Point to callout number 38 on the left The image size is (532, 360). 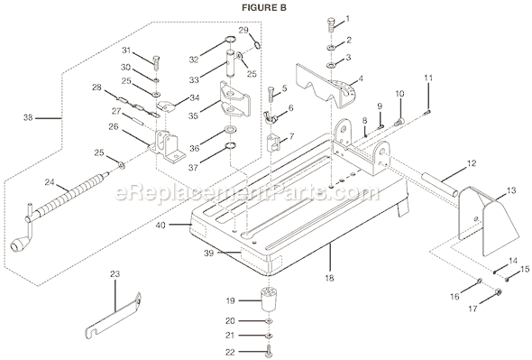coord(27,116)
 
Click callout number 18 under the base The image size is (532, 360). coord(328,279)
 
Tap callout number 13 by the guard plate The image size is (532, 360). coord(511,190)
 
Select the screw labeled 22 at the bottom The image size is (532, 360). coord(269,352)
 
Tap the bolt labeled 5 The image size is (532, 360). coord(271,96)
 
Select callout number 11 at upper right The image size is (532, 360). coord(428,78)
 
